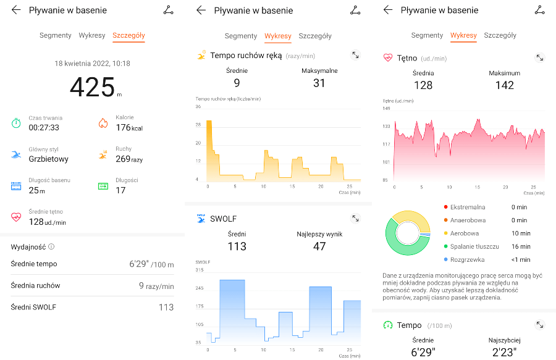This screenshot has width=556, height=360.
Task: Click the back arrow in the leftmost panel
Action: coord(16,10)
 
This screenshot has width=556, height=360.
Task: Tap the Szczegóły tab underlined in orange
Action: coord(128,35)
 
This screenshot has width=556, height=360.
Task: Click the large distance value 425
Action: coord(93,86)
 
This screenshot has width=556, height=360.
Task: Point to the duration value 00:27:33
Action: coord(44,128)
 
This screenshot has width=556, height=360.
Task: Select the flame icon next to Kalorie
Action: coord(103,123)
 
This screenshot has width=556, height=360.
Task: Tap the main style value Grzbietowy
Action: coord(49,159)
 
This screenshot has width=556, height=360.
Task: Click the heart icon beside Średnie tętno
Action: coord(16,217)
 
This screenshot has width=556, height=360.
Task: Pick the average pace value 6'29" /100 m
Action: coord(151,264)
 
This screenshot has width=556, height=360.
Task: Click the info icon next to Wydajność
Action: coord(51,247)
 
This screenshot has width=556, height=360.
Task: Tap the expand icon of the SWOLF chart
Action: coord(355,219)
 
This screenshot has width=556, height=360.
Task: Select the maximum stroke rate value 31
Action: coord(319,83)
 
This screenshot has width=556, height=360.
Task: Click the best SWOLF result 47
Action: coord(319,246)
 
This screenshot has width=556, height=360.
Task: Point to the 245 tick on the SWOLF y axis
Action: coord(200,288)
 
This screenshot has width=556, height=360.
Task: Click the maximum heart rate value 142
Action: coord(504,85)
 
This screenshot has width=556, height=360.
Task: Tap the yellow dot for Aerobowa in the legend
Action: coord(445,233)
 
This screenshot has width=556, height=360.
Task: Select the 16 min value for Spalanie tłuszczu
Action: coord(520,246)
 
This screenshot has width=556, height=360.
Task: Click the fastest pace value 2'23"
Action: coord(504,353)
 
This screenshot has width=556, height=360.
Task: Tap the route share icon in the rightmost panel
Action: coord(540,10)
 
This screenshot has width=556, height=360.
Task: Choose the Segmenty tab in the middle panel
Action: coord(241,36)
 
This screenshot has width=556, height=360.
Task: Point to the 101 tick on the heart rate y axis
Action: coord(386,162)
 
